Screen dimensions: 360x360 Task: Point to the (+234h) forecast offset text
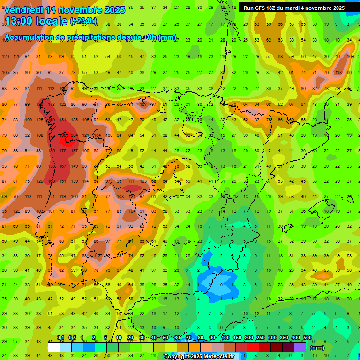83,21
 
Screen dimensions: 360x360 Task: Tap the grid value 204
74,135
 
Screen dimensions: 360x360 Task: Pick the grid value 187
74,151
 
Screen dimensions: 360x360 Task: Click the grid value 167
63,166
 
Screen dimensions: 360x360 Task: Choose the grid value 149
74,166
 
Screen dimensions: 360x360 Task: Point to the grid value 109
350,57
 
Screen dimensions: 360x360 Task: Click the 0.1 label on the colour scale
60,337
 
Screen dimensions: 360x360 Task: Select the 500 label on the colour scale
307,337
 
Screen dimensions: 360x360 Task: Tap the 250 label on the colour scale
260,337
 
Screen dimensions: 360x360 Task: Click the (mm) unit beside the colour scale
317,348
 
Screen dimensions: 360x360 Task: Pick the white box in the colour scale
53,347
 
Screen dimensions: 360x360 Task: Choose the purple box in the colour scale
300,347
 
